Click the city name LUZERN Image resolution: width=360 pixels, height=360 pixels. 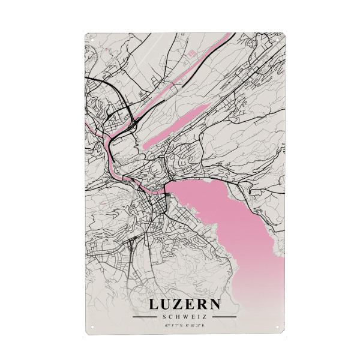pyautogui.click(x=184, y=304)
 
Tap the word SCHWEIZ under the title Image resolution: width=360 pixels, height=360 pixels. pyautogui.click(x=184, y=317)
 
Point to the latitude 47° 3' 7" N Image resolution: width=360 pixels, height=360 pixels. pyautogui.click(x=173, y=326)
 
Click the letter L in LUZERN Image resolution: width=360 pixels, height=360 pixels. pyautogui.click(x=154, y=304)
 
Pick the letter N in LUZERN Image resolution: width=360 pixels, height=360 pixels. pyautogui.click(x=214, y=304)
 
